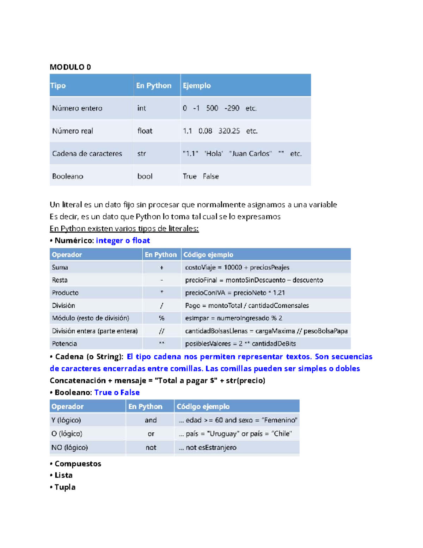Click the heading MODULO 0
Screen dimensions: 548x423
pyautogui.click(x=70, y=67)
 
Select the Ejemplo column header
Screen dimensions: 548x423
pyautogui.click(x=196, y=85)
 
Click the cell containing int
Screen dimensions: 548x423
pyautogui.click(x=141, y=108)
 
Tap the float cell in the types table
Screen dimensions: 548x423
pyautogui.click(x=145, y=131)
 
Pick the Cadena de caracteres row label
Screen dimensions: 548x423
pyautogui.click(x=87, y=153)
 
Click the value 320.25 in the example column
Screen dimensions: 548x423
pyautogui.click(x=229, y=131)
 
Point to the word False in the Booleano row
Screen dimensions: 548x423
pyautogui.click(x=211, y=176)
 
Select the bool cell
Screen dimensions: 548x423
pyautogui.click(x=145, y=176)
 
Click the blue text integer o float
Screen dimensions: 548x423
pyautogui.click(x=123, y=241)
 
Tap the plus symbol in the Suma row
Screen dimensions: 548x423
pyautogui.click(x=161, y=267)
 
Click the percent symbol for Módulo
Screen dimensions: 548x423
pyautogui.click(x=161, y=318)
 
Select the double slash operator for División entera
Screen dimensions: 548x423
pyautogui.click(x=161, y=331)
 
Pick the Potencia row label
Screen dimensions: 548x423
pyautogui.click(x=64, y=344)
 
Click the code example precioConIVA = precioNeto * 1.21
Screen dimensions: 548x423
pyautogui.click(x=235, y=293)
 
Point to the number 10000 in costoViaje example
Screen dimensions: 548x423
pyautogui.click(x=233, y=267)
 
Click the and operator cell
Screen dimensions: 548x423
pyautogui.click(x=151, y=420)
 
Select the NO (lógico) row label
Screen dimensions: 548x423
pyautogui.click(x=69, y=447)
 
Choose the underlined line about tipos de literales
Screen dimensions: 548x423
pyautogui.click(x=124, y=229)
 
